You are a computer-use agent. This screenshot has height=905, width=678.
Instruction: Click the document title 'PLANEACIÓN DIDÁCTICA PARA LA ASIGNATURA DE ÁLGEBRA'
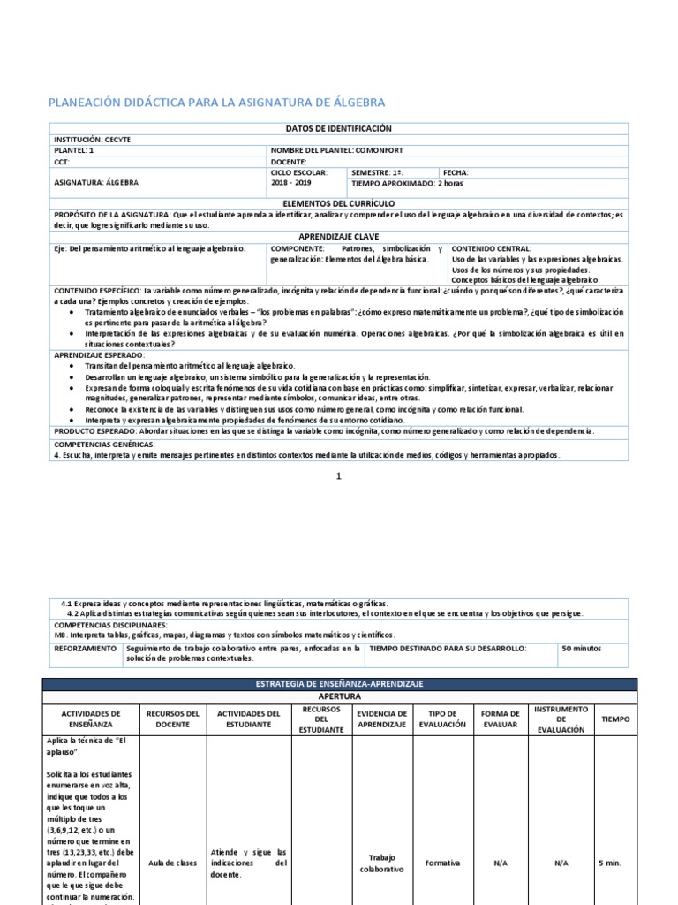click(x=216, y=103)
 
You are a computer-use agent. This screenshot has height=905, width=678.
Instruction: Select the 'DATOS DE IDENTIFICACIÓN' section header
click(x=339, y=129)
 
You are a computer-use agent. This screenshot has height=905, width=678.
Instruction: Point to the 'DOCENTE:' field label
click(x=289, y=162)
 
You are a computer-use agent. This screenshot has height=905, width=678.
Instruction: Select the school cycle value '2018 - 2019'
click(x=291, y=183)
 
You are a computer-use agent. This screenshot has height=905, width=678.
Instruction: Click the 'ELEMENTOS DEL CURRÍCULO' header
click(x=339, y=203)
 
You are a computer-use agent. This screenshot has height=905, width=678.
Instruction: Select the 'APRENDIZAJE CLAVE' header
click(x=339, y=237)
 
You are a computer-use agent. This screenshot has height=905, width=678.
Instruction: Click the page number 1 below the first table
click(x=338, y=476)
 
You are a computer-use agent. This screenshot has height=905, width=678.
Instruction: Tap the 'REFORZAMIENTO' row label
click(x=85, y=648)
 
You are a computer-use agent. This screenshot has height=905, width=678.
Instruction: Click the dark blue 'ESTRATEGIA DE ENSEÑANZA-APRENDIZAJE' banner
click(x=339, y=684)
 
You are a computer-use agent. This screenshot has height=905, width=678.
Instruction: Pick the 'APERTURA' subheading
click(x=339, y=696)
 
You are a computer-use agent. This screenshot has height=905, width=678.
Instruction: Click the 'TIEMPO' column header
click(x=615, y=719)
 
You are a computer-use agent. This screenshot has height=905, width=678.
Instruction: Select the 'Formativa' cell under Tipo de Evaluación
click(x=442, y=863)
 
